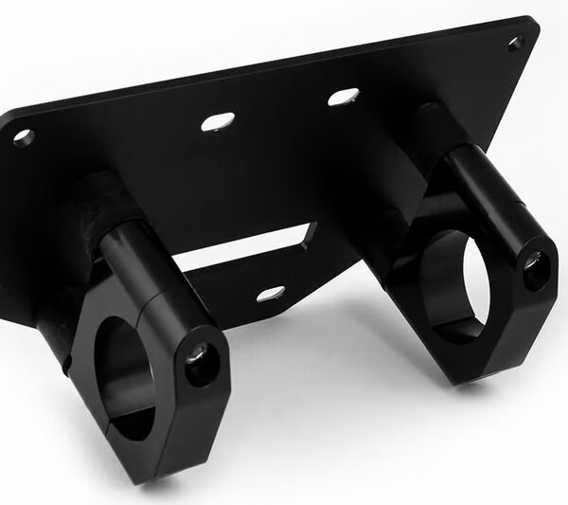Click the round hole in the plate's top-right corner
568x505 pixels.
point(515,43)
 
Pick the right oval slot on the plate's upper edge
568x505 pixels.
point(344,96)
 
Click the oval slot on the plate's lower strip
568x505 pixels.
point(270,294)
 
